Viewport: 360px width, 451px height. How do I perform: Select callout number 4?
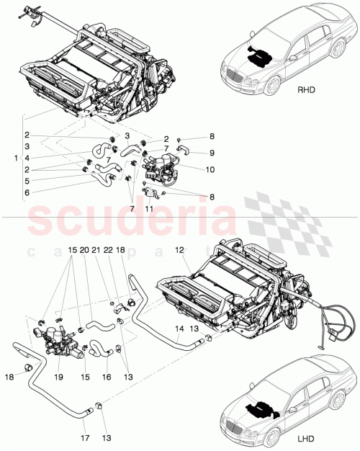27,158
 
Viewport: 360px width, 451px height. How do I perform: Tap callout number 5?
27,181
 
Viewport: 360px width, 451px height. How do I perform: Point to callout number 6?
27,193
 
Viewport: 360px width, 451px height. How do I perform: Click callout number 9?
212,152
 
